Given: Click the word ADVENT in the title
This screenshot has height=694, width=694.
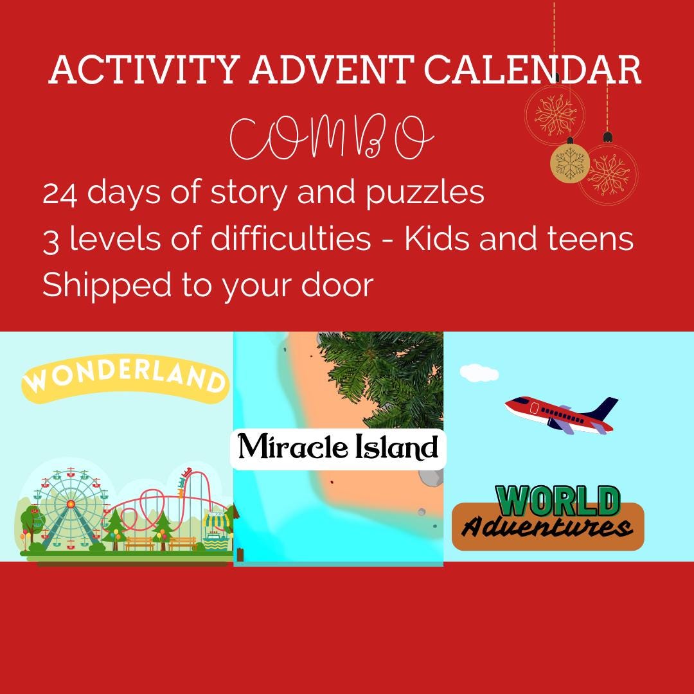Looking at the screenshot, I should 329,71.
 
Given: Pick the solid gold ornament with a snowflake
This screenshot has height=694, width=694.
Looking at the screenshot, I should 569,162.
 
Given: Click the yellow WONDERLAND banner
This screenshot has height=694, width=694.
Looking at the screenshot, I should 126,380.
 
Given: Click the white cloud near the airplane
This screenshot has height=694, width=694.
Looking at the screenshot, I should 479,373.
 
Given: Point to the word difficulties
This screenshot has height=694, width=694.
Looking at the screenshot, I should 283,239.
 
